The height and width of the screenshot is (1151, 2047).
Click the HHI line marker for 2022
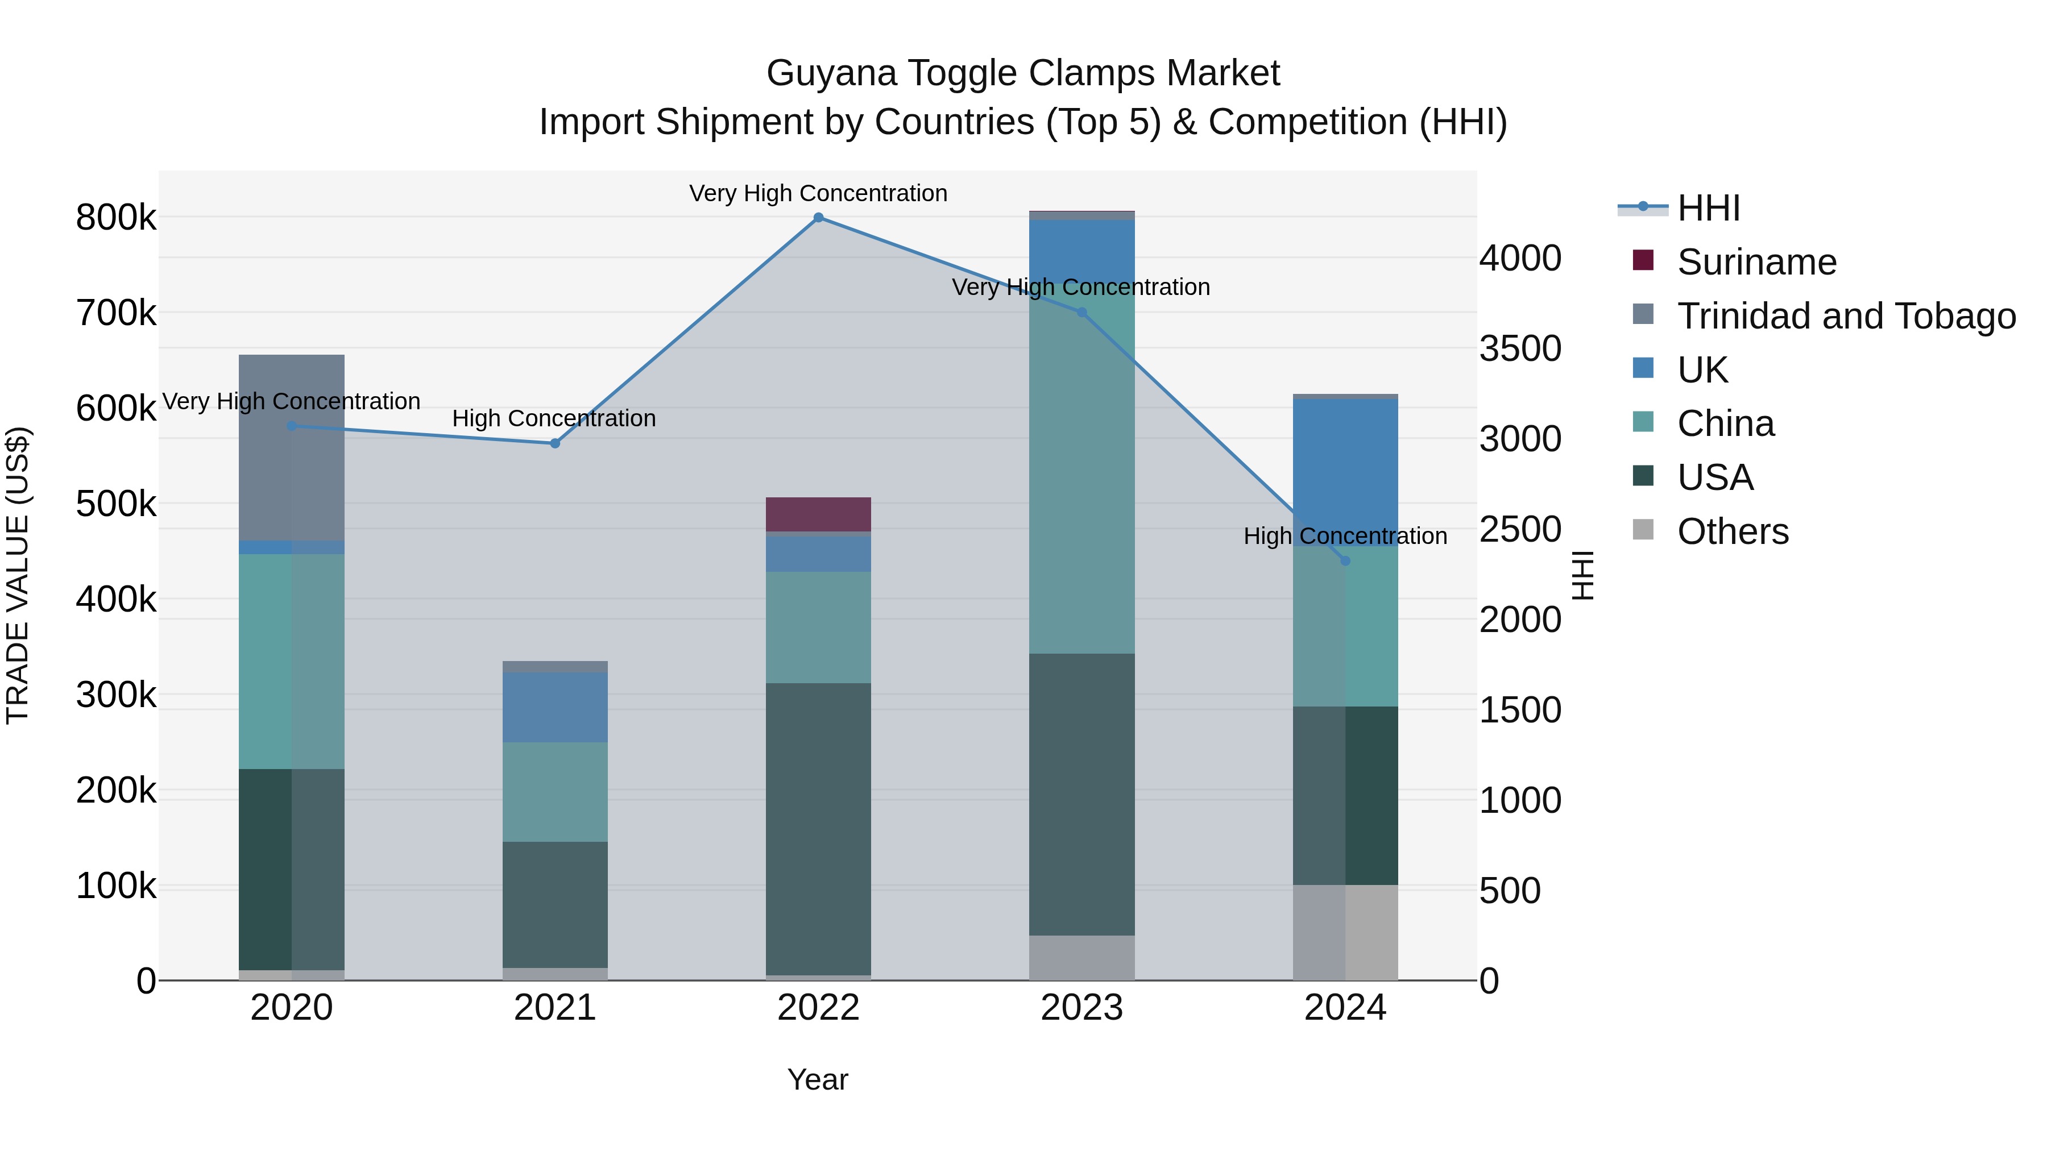pyautogui.click(x=818, y=218)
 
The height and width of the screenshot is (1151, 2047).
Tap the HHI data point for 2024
pyautogui.click(x=1345, y=561)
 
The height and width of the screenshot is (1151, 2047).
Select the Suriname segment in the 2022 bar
pyautogui.click(x=818, y=514)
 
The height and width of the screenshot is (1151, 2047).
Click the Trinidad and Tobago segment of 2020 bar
pyautogui.click(x=292, y=447)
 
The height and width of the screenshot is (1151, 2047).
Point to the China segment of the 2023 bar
pyautogui.click(x=1081, y=477)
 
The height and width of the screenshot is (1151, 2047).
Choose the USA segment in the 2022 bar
pyautogui.click(x=818, y=829)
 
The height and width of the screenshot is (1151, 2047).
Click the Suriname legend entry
pyautogui.click(x=1756, y=262)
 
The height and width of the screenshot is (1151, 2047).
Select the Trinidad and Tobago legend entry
pyautogui.click(x=1846, y=316)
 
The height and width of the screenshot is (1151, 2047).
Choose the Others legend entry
pyautogui.click(x=1733, y=531)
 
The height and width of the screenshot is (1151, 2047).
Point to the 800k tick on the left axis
pyautogui.click(x=116, y=218)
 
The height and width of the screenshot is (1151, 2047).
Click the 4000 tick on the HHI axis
pyautogui.click(x=1520, y=258)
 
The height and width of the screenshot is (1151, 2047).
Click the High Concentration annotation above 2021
pyautogui.click(x=554, y=418)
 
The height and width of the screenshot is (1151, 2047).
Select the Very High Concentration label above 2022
pyautogui.click(x=818, y=194)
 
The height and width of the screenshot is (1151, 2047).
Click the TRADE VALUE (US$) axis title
pyautogui.click(x=18, y=575)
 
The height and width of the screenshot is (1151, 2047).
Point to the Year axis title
pyautogui.click(x=818, y=1079)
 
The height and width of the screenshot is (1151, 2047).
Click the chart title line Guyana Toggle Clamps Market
pyautogui.click(x=1023, y=73)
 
